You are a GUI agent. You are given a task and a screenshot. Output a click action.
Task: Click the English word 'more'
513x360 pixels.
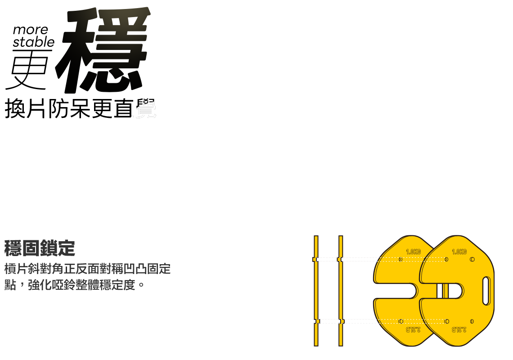tap(30, 30)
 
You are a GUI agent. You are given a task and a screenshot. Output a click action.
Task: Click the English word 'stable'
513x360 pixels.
tap(33, 42)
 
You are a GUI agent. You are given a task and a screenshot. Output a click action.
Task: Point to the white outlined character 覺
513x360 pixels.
tap(145, 108)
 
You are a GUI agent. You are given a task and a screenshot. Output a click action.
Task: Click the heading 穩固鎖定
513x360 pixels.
tap(40, 248)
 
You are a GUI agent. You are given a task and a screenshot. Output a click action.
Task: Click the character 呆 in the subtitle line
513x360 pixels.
tap(80, 109)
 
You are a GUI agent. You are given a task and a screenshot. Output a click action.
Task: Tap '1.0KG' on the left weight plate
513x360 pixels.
tap(413, 252)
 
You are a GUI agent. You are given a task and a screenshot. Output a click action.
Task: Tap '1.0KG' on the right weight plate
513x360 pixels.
tap(459, 252)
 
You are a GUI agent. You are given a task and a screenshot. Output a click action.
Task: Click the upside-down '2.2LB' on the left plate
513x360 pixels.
tap(413, 330)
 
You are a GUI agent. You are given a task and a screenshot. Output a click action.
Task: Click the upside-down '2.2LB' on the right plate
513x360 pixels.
tap(459, 330)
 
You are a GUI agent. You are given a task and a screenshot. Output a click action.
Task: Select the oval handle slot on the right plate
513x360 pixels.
tap(486, 291)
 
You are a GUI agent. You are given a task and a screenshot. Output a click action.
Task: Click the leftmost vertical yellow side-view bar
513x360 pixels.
tap(316, 291)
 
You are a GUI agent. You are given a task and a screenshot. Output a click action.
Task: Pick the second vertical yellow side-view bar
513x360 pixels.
tap(341, 291)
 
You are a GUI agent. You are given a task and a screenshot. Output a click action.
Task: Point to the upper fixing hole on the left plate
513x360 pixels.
tap(400, 259)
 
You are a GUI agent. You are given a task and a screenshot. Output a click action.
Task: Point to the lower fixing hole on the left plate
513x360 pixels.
tap(400, 321)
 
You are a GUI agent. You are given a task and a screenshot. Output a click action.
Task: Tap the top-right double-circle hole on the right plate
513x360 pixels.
tap(472, 259)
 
